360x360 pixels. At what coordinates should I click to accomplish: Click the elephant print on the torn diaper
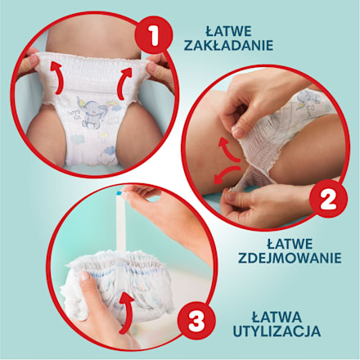(305, 100)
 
